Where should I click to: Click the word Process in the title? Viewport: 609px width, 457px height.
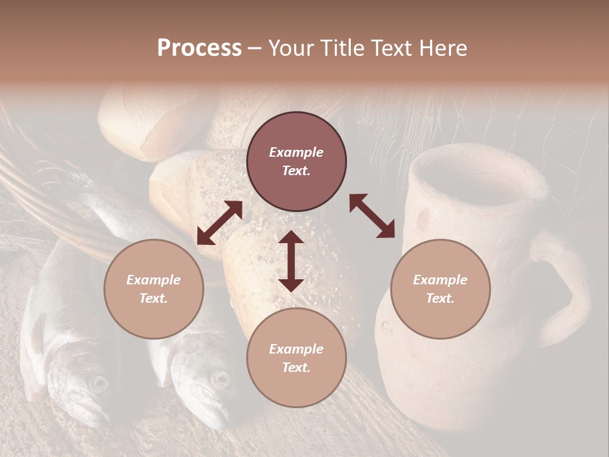pos(199,48)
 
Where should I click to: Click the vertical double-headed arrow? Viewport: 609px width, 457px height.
pos(291,261)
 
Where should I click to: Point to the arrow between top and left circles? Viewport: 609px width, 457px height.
pos(219,223)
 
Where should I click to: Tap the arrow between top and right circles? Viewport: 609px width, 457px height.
pos(372,216)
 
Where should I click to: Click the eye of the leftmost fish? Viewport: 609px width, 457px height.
pos(99,383)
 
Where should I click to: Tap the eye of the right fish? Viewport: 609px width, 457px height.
pos(220,379)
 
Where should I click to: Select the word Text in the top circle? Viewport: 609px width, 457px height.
pos(296,171)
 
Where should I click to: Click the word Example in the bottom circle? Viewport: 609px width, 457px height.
pos(296,349)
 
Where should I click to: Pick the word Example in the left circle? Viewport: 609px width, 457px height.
pos(154,280)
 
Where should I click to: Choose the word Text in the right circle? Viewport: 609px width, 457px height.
pos(440,298)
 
